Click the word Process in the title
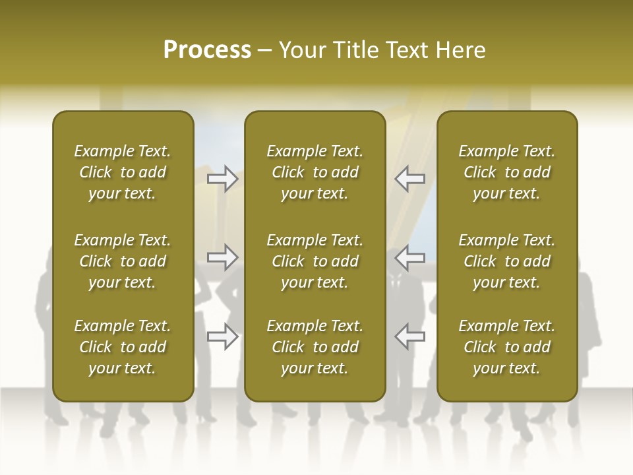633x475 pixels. pos(207,50)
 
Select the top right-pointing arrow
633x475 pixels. pos(223,178)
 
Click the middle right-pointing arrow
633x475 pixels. pos(223,257)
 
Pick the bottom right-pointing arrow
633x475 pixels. pos(223,336)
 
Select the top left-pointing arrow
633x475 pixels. pos(409,178)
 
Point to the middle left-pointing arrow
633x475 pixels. pos(409,257)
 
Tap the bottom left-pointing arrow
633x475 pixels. pos(409,336)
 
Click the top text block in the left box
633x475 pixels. pos(123,172)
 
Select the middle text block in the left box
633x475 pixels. pos(123,261)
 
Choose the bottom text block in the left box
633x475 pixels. pos(123,347)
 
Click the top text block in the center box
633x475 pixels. pos(315,172)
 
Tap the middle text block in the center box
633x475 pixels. pos(315,261)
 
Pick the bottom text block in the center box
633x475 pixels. pos(315,347)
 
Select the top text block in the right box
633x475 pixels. pos(506,172)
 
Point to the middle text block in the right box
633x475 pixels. pos(506,261)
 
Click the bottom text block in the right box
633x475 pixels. pos(506,347)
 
